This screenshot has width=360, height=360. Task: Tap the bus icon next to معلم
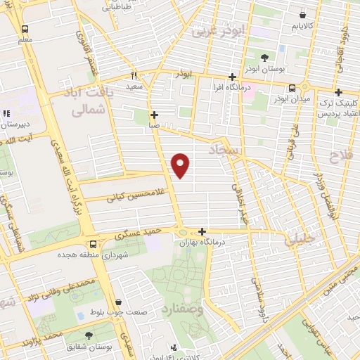[x=25, y=30]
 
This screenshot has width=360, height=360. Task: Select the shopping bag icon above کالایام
[x=302, y=15]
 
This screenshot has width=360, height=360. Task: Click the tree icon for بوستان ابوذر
[x=264, y=58]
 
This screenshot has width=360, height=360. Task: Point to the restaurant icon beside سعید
[x=134, y=75]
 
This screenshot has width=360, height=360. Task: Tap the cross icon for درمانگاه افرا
[x=232, y=77]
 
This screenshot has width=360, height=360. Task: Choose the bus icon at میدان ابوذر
[x=292, y=88]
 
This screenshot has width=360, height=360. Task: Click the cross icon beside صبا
[x=154, y=115]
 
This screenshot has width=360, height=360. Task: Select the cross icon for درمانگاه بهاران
[x=202, y=231]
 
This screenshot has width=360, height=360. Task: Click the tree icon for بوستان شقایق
[x=89, y=335]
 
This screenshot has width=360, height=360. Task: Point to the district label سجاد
[x=225, y=150]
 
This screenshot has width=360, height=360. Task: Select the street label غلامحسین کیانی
[x=134, y=195]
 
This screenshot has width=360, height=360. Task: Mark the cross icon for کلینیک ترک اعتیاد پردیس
[x=339, y=92]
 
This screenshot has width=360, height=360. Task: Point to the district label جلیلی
[x=300, y=240]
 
